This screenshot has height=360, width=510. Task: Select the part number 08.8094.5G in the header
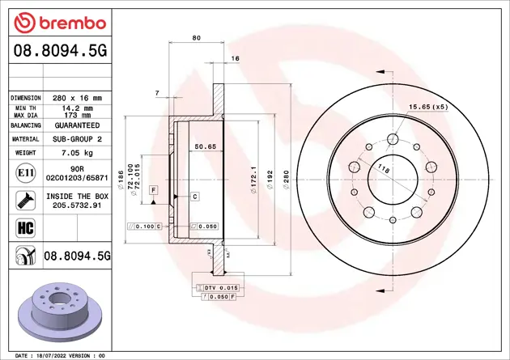pyautogui.click(x=57, y=53)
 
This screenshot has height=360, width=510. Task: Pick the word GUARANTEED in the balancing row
pyautogui.click(x=78, y=126)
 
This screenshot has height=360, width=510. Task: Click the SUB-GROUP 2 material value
pyautogui.click(x=78, y=139)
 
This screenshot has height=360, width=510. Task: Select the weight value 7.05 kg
pyautogui.click(x=78, y=152)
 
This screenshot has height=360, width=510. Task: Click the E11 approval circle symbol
pyautogui.click(x=24, y=173)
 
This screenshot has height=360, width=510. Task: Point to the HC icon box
pyautogui.click(x=24, y=226)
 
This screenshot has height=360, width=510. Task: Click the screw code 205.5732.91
pyautogui.click(x=78, y=205)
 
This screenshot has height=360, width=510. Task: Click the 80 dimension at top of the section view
pyautogui.click(x=196, y=38)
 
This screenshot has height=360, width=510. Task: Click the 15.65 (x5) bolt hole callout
pyautogui.click(x=428, y=107)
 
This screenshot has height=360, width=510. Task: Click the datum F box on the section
pyautogui.click(x=152, y=188)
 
